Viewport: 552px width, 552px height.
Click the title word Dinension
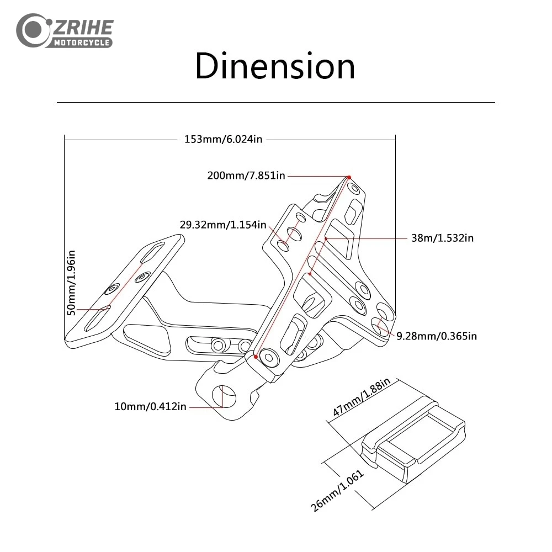[275, 66]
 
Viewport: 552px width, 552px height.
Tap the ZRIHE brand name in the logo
[83, 28]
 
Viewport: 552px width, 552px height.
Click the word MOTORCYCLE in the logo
[82, 43]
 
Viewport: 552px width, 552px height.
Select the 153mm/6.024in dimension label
[223, 140]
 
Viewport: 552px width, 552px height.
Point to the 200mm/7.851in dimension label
[246, 176]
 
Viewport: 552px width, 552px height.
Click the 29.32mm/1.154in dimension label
[223, 225]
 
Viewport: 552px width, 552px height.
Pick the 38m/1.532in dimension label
[443, 238]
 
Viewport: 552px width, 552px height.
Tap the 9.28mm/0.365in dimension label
[437, 336]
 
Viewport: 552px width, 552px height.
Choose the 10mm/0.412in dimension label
[150, 407]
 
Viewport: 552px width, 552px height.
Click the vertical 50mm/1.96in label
[71, 283]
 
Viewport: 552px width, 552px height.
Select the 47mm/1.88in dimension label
[362, 397]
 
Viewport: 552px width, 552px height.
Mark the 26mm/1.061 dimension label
[337, 490]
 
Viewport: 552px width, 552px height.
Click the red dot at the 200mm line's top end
[349, 177]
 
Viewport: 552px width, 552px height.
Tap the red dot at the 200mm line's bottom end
[256, 357]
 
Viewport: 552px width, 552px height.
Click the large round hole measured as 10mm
[224, 396]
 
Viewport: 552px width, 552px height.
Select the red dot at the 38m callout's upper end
[326, 238]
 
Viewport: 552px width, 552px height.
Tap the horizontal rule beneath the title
[275, 103]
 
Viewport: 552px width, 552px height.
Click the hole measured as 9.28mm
[380, 326]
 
